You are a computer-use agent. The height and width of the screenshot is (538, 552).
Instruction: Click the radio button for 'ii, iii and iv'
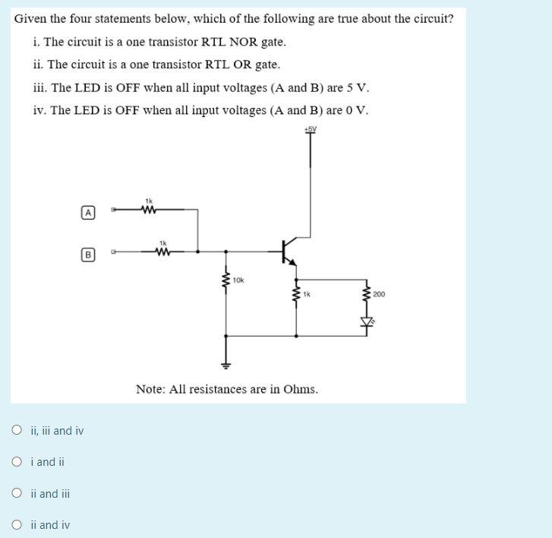[x=17, y=431]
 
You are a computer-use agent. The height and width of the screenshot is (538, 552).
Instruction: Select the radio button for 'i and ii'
[x=17, y=462]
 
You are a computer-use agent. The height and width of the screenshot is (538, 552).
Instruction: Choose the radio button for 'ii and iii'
[x=17, y=494]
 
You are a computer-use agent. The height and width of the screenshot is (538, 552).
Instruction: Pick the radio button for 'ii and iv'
[x=17, y=525]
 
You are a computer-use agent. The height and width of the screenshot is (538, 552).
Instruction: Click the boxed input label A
[x=88, y=214]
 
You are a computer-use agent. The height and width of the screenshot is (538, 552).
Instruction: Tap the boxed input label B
[x=88, y=255]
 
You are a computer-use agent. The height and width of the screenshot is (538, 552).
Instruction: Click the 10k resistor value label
[x=238, y=280]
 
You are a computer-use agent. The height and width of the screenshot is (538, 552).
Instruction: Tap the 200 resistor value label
[x=380, y=293]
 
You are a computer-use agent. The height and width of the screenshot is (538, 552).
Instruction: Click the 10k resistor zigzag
[x=226, y=283]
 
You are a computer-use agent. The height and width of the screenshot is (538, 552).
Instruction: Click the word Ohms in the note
[x=300, y=389]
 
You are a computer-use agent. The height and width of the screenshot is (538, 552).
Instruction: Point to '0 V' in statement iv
[x=356, y=110]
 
